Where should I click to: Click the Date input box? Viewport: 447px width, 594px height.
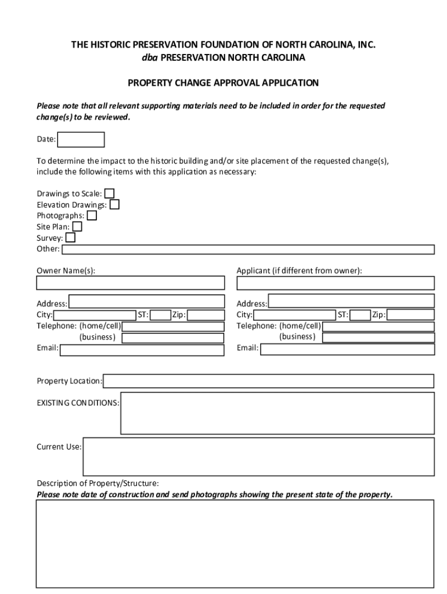click(x=81, y=140)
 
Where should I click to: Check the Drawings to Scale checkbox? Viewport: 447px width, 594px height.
click(x=109, y=194)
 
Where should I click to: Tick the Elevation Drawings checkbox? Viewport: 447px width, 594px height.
click(x=114, y=205)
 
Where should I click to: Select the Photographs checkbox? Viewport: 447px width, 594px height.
click(x=92, y=216)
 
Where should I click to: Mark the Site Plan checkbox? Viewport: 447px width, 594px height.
click(x=77, y=227)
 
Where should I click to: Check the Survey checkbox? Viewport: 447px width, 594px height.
click(x=70, y=238)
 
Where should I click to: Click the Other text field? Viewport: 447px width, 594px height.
click(x=248, y=249)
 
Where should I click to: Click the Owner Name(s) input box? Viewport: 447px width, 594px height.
click(x=130, y=283)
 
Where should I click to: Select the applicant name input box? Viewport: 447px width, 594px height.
click(x=335, y=283)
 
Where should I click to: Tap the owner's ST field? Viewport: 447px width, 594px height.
click(x=161, y=315)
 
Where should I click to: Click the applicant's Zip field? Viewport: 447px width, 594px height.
click(x=410, y=315)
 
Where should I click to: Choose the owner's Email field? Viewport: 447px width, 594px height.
click(x=142, y=350)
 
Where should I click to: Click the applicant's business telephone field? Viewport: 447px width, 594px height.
click(x=378, y=338)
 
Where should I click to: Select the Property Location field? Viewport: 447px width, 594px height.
click(x=268, y=381)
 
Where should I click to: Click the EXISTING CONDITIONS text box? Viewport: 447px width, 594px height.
click(x=277, y=413)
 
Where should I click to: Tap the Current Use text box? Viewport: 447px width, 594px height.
click(x=258, y=457)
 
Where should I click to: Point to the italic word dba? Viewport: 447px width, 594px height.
click(x=149, y=58)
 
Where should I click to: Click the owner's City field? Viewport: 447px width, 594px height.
click(x=94, y=315)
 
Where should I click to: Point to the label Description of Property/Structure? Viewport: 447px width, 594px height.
click(x=98, y=483)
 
